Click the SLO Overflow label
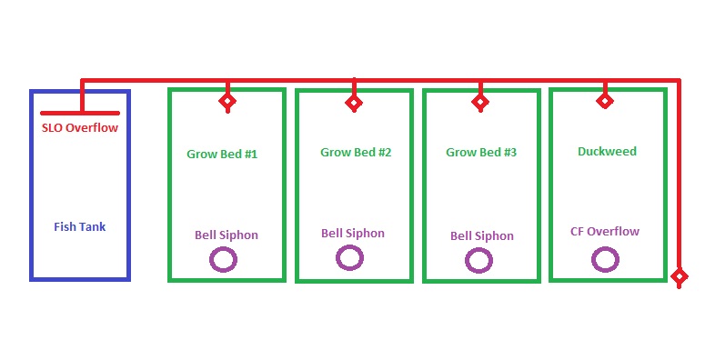80,128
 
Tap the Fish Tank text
79,226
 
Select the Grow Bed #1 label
222,154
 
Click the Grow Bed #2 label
356,152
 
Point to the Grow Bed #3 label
481,153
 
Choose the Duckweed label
607,152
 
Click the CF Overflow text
605,231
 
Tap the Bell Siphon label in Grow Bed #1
227,235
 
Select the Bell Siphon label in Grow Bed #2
353,233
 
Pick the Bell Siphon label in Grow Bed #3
482,235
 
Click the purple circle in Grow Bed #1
224,261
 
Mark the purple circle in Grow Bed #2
349,258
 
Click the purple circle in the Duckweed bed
604,260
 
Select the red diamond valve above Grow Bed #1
227,101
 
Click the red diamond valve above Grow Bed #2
354,103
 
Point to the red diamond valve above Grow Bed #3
480,103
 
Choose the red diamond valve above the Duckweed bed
605,101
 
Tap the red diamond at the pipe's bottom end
679,275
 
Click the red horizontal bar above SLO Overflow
81,113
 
